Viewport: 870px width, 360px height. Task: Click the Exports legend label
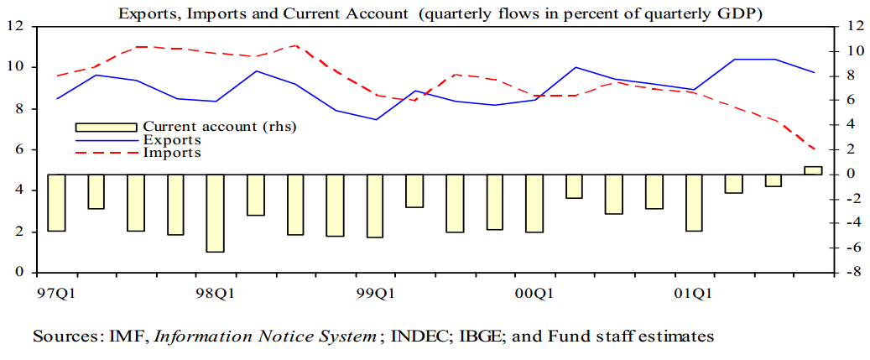click(x=171, y=139)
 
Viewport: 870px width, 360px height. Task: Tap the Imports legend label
click(x=171, y=152)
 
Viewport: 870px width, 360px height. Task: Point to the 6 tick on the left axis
click(x=19, y=149)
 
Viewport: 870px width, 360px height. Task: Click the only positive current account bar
click(x=813, y=170)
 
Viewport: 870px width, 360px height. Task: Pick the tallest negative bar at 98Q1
click(x=216, y=212)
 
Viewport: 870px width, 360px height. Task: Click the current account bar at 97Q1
click(x=56, y=202)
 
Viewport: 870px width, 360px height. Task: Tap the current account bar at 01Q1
click(x=694, y=202)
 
